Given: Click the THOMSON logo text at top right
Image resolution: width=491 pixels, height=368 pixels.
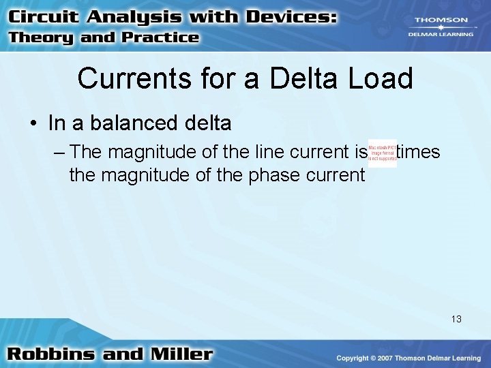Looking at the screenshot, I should (x=442, y=20).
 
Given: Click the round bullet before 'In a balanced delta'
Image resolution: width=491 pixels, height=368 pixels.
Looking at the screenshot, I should (x=33, y=123).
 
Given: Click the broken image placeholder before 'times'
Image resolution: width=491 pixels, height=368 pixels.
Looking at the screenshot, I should (x=382, y=154).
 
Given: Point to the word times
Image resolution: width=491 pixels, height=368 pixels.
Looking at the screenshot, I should (x=418, y=151).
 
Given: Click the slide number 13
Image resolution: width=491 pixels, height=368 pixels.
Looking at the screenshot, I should (x=456, y=318).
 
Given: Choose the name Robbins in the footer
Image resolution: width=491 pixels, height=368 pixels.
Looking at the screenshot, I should (x=48, y=354).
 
